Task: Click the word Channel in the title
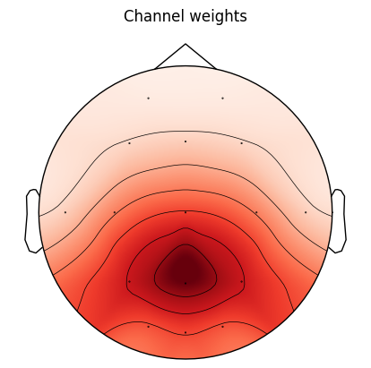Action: (x=151, y=16)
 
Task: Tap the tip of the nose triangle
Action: (x=185, y=44)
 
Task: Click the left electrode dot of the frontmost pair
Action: (x=148, y=98)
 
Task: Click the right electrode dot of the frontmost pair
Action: (x=222, y=98)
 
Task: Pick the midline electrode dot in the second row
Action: (x=185, y=141)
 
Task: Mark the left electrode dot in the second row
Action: (x=129, y=143)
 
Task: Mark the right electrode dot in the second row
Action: (x=241, y=143)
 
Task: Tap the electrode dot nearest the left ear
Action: (x=65, y=212)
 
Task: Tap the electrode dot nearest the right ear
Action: (x=306, y=212)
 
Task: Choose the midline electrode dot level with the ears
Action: (x=185, y=212)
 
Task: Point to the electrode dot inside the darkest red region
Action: (x=185, y=283)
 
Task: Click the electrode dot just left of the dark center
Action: (x=129, y=281)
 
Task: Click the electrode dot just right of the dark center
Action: (x=241, y=281)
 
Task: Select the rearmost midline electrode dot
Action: (x=185, y=332)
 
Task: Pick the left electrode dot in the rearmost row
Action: (x=148, y=327)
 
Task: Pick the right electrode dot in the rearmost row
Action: (x=222, y=327)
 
